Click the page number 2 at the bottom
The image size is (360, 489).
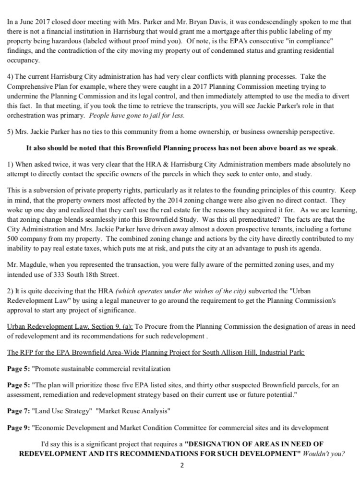182,465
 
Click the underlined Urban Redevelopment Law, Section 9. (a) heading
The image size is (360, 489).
70,326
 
